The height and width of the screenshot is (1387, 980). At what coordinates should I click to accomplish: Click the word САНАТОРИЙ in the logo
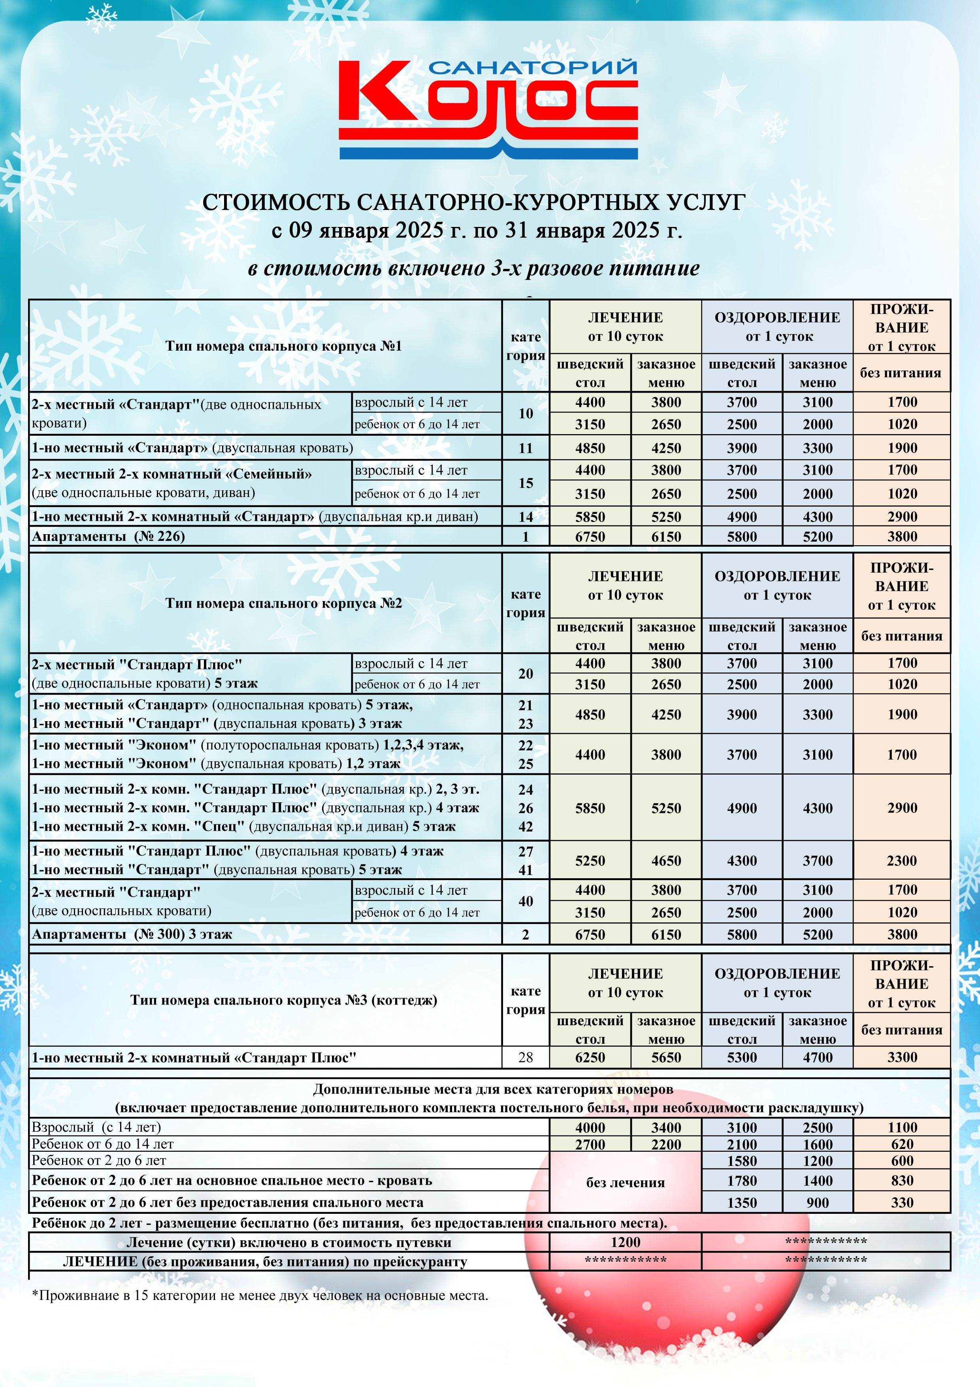tap(534, 67)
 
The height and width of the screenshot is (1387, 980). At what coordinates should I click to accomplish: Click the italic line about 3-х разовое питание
tap(474, 268)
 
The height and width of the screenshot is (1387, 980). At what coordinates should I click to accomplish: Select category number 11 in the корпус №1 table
tap(526, 448)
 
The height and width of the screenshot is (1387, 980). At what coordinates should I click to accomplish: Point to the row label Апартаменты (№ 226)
tap(109, 537)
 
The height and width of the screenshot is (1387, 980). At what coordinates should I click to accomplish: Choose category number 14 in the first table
tap(526, 516)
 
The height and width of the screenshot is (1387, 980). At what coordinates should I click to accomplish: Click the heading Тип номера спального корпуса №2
tap(284, 603)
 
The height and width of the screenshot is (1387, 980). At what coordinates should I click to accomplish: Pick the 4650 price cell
tap(666, 861)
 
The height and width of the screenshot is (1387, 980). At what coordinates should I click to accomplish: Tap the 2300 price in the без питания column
tap(902, 861)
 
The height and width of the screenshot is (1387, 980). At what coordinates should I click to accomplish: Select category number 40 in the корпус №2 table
tap(526, 901)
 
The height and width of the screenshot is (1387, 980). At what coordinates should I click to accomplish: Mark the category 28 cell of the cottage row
tap(526, 1058)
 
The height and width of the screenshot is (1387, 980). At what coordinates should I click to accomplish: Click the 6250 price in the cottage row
tap(590, 1058)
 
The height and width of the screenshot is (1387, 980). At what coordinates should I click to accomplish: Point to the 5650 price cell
tap(666, 1058)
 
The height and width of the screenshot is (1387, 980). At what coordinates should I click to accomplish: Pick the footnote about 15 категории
tap(260, 1296)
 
